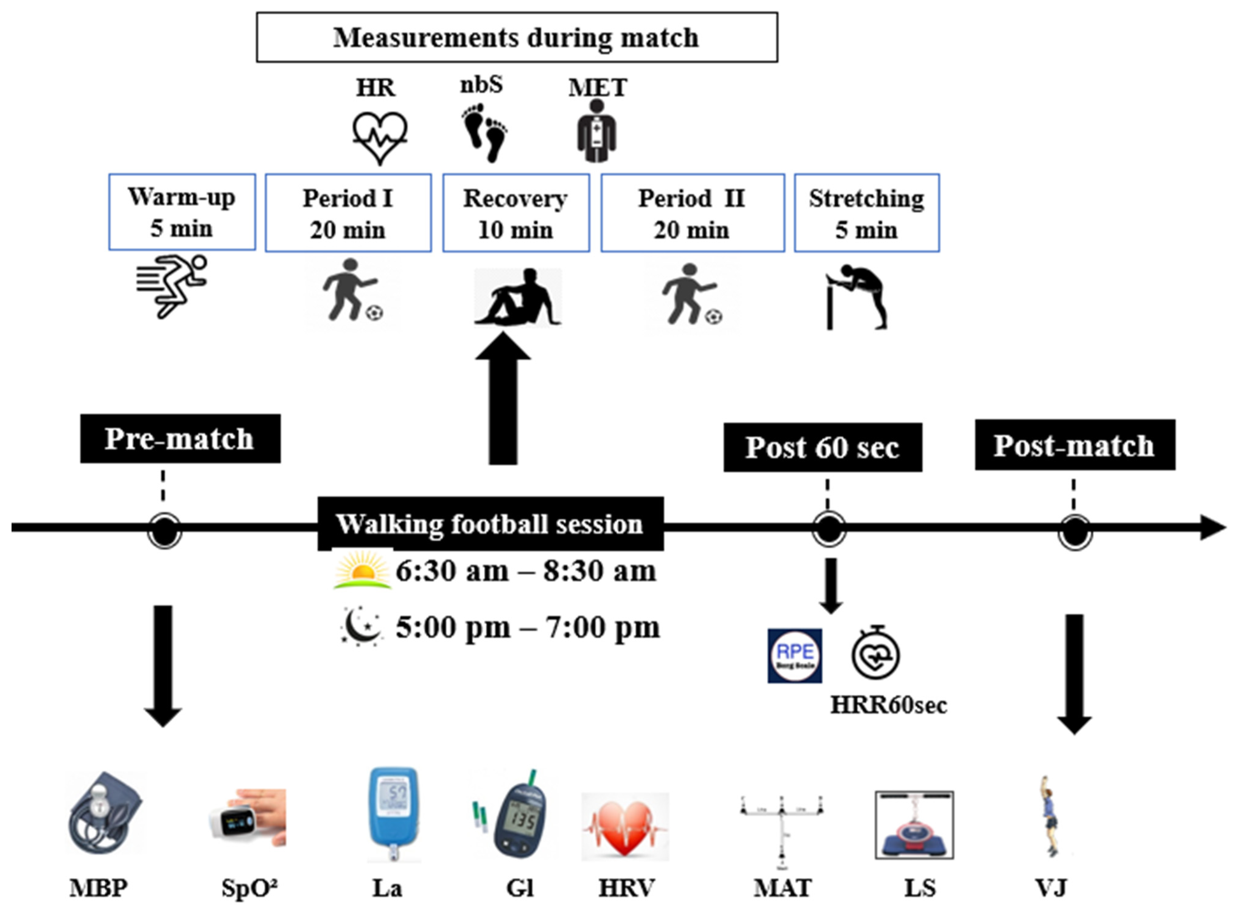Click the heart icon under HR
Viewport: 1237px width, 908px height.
[380, 137]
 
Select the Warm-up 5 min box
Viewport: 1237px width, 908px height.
[182, 212]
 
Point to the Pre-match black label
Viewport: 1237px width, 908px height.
[180, 439]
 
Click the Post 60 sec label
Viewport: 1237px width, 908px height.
[822, 447]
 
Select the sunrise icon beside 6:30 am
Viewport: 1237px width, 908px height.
[362, 570]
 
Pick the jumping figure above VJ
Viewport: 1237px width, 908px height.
[1050, 816]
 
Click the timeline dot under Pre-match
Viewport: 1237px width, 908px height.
[164, 530]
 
